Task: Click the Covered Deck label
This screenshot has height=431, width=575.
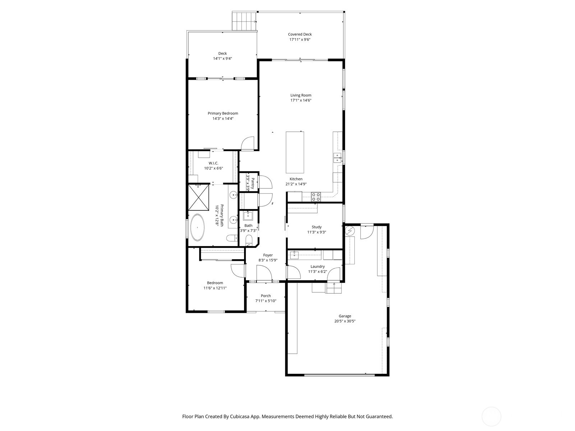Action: (x=300, y=34)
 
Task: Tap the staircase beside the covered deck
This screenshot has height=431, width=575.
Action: (x=244, y=21)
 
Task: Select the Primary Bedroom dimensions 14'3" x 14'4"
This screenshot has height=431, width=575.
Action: (x=223, y=119)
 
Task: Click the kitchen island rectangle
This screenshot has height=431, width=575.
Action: (x=295, y=152)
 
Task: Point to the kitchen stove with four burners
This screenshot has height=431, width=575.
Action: (x=316, y=196)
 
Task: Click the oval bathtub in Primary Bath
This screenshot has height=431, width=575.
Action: (x=197, y=227)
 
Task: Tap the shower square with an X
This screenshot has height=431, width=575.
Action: (x=198, y=197)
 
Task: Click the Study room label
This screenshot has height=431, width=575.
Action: (x=317, y=227)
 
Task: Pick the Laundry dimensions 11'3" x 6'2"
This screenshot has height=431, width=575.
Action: (x=318, y=272)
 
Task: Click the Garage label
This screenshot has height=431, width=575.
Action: (x=345, y=316)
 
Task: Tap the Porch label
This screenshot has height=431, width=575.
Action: (x=266, y=296)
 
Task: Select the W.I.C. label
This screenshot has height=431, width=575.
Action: (x=213, y=163)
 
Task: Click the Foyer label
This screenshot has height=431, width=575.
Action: (x=268, y=255)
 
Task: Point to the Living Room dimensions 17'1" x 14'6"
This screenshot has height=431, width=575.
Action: (x=301, y=101)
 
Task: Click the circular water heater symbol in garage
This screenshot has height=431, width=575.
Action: (x=350, y=230)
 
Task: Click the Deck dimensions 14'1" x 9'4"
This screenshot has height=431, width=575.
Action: (x=222, y=59)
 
